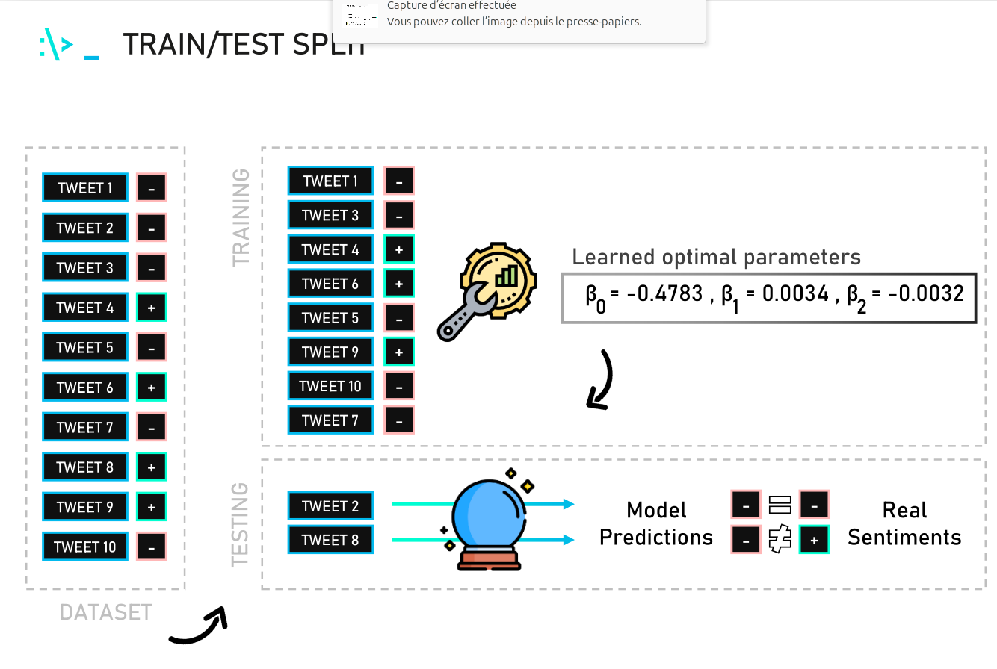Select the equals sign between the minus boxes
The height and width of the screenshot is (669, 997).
click(780, 505)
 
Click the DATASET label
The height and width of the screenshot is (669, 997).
click(105, 613)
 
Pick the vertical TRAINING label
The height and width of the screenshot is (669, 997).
click(241, 217)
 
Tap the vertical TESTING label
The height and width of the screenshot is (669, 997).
click(240, 524)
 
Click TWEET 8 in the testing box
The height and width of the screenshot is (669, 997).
click(330, 540)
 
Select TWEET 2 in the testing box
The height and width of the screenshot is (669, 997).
click(330, 506)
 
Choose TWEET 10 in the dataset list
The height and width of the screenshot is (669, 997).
click(85, 547)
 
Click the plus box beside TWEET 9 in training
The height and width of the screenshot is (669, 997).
click(399, 352)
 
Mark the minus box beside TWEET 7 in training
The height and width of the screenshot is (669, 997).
click(399, 420)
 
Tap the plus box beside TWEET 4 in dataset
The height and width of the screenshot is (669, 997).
click(152, 308)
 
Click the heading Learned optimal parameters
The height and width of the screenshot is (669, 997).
click(716, 258)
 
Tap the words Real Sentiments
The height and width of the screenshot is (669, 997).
click(904, 523)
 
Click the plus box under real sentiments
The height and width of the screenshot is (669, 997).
click(814, 539)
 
